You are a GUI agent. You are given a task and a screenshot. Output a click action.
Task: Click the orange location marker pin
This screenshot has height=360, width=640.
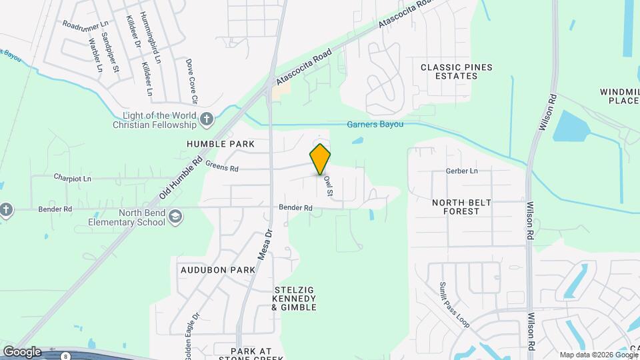pyautogui.click(x=321, y=159)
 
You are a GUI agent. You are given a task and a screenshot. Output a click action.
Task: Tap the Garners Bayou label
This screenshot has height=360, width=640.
pyautogui.click(x=375, y=124)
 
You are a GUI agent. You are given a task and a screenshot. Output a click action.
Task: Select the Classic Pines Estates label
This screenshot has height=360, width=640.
pyautogui.click(x=449, y=71)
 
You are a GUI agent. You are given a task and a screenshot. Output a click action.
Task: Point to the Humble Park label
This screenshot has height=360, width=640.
pyautogui.click(x=212, y=144)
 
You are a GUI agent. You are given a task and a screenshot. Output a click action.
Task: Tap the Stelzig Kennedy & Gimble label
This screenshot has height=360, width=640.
pyautogui.click(x=294, y=299)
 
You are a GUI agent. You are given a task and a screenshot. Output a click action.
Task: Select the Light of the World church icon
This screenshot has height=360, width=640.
pyautogui.click(x=207, y=120)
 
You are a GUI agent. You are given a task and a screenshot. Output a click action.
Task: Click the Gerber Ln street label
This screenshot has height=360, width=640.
pyautogui.click(x=463, y=171)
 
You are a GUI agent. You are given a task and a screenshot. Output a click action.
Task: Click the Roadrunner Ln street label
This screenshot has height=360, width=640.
pyautogui.click(x=85, y=24)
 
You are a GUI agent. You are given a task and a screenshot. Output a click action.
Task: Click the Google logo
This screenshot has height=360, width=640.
pyautogui.click(x=22, y=351)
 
